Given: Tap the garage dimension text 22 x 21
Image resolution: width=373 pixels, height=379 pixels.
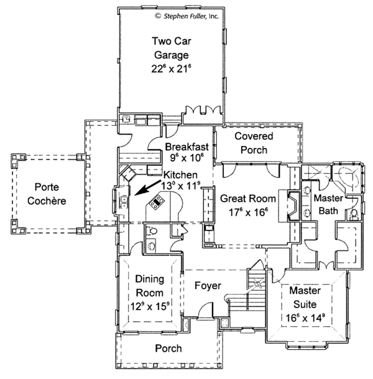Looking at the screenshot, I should pos(170,69).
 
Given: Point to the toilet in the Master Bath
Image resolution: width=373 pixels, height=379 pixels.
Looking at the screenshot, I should pos(354,215).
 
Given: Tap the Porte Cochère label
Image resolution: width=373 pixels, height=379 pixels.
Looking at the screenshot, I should pos(47,194).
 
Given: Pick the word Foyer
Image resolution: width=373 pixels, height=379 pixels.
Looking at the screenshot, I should pos(205,286).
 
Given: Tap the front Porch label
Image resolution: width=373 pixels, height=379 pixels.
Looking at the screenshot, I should pos(168,349).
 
